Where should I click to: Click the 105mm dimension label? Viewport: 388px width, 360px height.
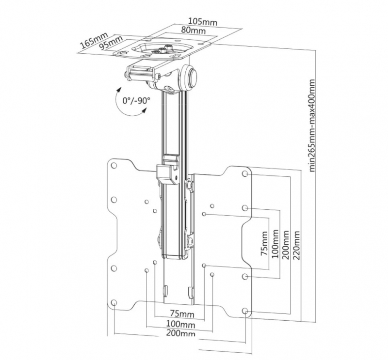pos(203,21)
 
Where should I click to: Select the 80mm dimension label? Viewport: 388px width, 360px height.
pos(193,30)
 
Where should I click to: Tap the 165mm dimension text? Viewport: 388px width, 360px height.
pos(94,40)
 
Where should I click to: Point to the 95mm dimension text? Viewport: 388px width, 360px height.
pos(111,43)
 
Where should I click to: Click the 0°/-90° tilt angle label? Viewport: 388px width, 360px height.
pos(136,101)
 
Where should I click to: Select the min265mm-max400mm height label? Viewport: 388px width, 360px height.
pos(312,125)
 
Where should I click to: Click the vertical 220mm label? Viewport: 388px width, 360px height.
pos(296,245)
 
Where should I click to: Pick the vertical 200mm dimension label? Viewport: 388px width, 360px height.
pos(286,245)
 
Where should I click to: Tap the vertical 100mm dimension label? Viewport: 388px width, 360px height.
pos(275,244)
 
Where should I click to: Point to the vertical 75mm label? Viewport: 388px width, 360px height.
pos(264,244)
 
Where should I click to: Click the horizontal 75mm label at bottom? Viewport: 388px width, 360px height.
pos(182,314)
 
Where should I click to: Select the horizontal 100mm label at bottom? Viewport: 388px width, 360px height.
pos(180,324)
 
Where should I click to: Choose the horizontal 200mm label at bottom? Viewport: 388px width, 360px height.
pos(180,333)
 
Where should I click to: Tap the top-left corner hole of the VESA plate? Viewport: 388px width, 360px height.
pos(114,166)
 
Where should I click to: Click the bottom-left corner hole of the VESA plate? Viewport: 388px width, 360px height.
pos(114,302)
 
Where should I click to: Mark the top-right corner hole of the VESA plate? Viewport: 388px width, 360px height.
pos(245,173)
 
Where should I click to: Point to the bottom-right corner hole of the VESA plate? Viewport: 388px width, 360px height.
pos(245,311)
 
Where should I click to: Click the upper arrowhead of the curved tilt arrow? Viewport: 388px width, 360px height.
pos(120,90)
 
